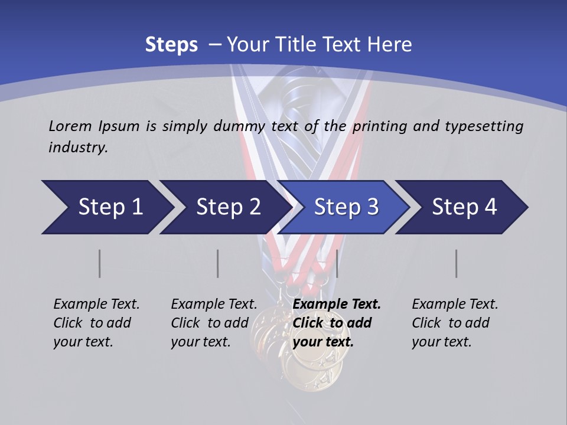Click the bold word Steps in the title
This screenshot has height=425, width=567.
pos(171,44)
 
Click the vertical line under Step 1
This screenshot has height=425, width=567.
pos(100,263)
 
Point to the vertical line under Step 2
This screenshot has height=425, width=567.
pos(218,263)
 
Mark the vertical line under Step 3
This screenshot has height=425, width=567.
pos(337,263)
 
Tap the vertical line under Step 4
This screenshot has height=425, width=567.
pos(457,263)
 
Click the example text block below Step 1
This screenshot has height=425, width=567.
pos(96,323)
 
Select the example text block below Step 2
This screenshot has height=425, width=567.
pos(214,323)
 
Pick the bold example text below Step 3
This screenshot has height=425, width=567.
pos(337,323)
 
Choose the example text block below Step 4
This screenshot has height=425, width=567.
pos(455,323)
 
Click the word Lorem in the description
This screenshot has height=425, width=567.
pos(70,126)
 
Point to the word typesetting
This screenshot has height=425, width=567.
pos(483,126)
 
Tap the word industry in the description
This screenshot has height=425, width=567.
pos(78,147)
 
